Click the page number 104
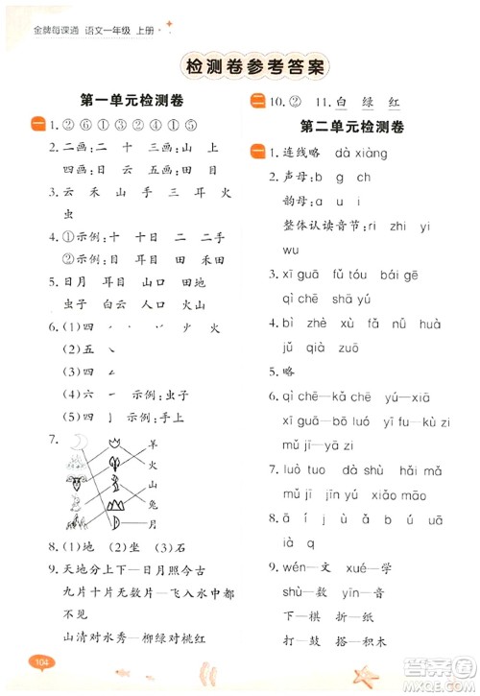[39, 661]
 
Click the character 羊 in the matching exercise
[152, 444]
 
